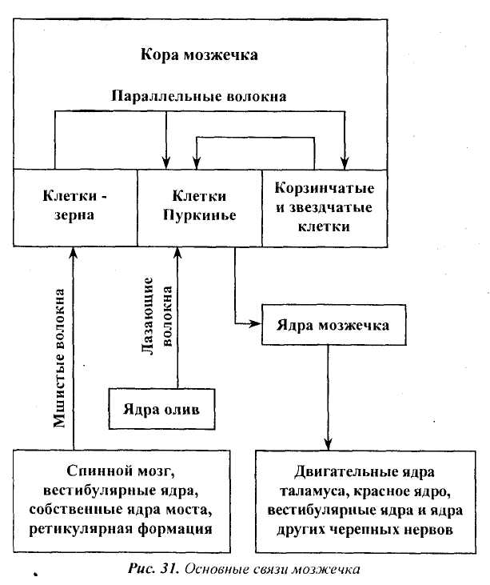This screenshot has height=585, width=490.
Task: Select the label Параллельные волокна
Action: pos(199,95)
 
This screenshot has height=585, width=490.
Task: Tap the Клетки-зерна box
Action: pos(75,206)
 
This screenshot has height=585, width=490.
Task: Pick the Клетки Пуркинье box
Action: pos(199,206)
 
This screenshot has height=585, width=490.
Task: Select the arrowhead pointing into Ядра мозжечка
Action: pos(257,323)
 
